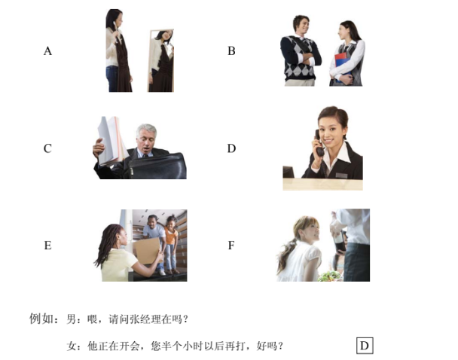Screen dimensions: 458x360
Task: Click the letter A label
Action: (x=48, y=50)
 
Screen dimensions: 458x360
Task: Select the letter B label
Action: (x=231, y=50)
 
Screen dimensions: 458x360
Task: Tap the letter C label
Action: (x=47, y=148)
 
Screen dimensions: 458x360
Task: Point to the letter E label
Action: (x=47, y=246)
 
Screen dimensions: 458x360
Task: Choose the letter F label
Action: (x=231, y=246)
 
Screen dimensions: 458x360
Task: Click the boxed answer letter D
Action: (x=365, y=346)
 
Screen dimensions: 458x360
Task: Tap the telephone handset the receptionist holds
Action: (x=319, y=143)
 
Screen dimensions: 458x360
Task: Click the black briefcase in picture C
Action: (x=157, y=166)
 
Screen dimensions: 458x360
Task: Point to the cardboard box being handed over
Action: (x=147, y=251)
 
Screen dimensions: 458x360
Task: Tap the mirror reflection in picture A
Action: (x=160, y=61)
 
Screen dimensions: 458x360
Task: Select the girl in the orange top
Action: (x=172, y=245)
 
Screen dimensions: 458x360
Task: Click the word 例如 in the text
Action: (x=41, y=319)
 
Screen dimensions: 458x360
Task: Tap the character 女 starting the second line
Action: (x=72, y=346)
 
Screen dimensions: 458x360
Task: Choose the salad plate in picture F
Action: (x=330, y=276)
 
